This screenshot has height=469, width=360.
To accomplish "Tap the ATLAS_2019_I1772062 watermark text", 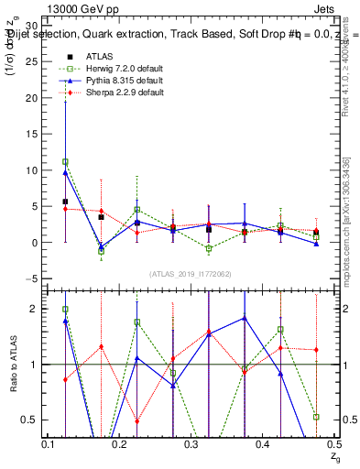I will click(191, 274).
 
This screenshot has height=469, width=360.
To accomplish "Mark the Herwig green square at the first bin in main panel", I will click(65, 162).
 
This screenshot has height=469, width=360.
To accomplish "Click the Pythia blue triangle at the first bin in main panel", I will click(65, 172).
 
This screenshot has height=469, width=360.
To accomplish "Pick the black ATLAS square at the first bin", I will click(65, 202).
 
